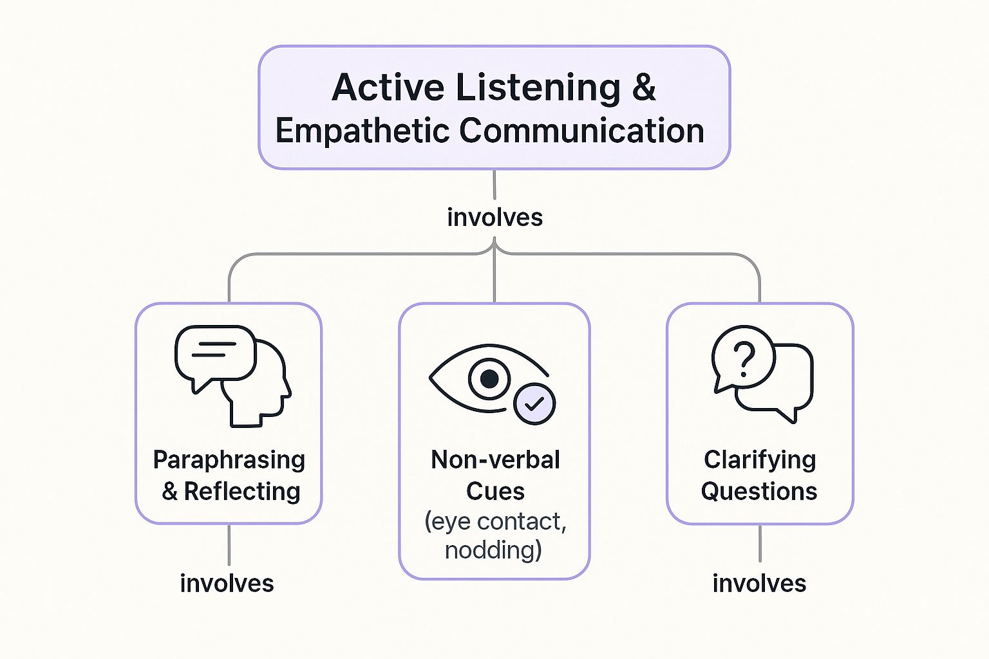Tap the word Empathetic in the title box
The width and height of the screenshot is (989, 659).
(x=362, y=131)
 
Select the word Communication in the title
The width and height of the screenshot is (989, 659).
(x=581, y=131)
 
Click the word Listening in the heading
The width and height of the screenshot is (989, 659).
(x=538, y=88)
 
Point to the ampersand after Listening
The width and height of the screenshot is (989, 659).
(x=644, y=88)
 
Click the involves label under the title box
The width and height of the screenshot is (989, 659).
(x=494, y=218)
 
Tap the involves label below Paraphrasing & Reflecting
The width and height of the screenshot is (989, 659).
(x=227, y=584)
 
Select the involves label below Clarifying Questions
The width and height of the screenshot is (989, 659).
(x=759, y=584)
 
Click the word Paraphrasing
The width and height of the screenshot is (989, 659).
(x=229, y=460)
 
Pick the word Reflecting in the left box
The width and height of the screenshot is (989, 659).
(x=242, y=492)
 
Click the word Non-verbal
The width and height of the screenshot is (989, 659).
(x=495, y=460)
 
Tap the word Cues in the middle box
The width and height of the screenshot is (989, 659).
(x=495, y=492)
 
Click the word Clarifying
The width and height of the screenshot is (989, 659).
(x=760, y=460)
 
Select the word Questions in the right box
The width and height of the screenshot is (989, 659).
(x=759, y=492)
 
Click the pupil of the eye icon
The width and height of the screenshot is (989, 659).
(x=489, y=378)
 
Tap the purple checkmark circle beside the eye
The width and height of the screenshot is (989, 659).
(x=534, y=404)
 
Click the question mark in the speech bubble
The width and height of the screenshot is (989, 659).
(x=744, y=359)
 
